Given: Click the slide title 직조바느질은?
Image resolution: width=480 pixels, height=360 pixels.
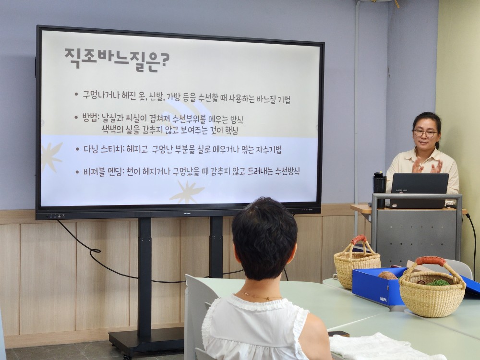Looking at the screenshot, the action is click(117, 60).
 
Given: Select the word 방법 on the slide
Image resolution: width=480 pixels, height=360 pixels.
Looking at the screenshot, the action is click(89, 117).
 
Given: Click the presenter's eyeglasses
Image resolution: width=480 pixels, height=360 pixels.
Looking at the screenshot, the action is click(426, 133).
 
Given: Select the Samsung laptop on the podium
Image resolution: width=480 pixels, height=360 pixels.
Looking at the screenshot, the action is click(418, 190).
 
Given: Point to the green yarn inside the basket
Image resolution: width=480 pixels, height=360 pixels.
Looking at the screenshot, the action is click(438, 282).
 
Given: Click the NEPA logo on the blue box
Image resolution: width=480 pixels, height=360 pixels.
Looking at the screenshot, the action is click(383, 299).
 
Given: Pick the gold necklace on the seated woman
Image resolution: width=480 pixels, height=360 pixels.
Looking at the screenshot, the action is click(260, 296).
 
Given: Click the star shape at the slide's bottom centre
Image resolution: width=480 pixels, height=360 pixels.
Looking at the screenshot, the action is click(187, 192).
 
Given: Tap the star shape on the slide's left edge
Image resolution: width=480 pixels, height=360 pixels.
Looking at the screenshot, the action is click(51, 156).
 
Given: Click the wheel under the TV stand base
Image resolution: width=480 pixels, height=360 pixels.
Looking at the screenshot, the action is click(125, 356).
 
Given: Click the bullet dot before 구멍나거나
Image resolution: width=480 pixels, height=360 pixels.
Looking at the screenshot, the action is click(76, 94).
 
